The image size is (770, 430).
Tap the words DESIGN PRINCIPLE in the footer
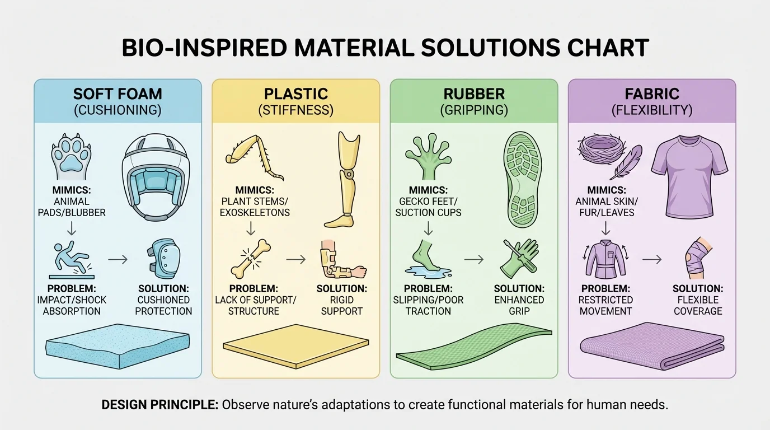coord(160,405)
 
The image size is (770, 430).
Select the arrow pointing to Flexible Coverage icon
coord(651,259)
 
